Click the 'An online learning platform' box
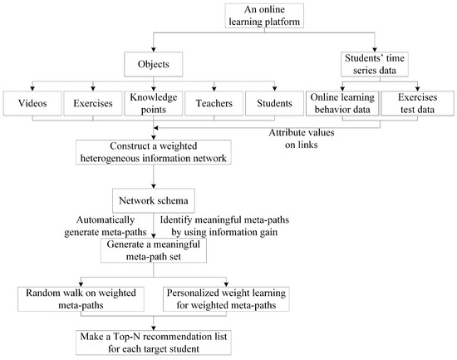tap(260, 15)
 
